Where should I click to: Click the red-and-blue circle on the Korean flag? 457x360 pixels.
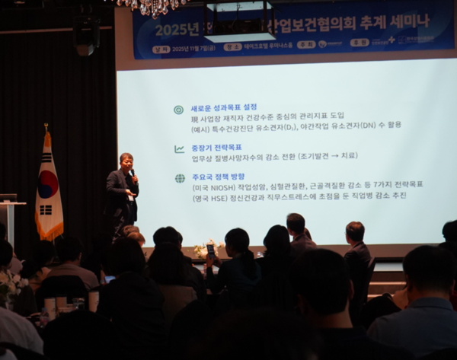coord(48,184)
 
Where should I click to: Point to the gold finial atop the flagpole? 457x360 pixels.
coord(46,127)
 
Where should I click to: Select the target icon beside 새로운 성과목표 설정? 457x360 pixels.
coord(178,110)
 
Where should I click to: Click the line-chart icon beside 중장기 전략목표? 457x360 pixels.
coord(179,148)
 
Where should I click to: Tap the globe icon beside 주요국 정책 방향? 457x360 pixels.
coord(179,178)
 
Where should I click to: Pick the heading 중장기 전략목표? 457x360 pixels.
coord(216,148)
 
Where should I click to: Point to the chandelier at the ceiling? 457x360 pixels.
coord(152,7)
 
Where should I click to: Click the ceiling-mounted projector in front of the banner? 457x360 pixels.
coord(239,23)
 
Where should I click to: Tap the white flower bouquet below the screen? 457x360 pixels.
coord(205,248)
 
